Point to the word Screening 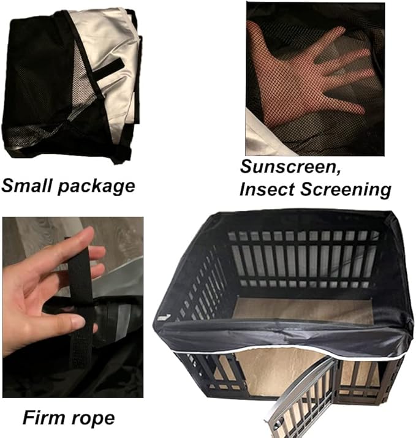(347, 190)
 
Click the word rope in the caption (94, 420)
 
